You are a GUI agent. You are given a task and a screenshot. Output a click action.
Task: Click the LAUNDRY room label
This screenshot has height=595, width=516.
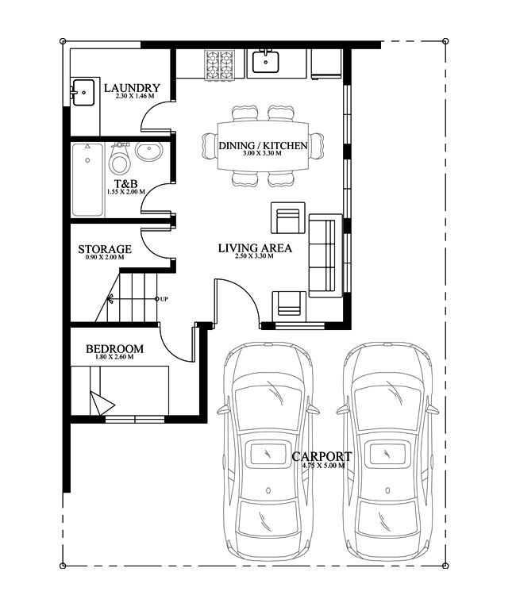click(132, 88)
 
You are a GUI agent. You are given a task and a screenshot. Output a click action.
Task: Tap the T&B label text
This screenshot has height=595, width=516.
click(125, 183)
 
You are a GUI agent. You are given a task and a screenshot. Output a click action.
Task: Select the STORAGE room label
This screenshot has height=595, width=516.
click(105, 249)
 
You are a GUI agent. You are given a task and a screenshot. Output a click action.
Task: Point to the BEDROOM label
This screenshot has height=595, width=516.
click(114, 348)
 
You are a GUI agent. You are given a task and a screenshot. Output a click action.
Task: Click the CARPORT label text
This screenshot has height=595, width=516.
click(322, 456)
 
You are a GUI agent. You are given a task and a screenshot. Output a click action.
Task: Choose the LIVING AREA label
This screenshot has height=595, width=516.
click(255, 248)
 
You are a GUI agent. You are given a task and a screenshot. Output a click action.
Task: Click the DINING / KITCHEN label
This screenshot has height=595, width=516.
click(263, 146)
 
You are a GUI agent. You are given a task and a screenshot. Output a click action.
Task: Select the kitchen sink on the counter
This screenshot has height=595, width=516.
click(265, 61)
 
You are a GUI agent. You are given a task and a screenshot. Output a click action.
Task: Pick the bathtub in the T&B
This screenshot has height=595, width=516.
click(87, 179)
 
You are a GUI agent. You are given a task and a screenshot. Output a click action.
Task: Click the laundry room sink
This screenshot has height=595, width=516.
click(83, 93)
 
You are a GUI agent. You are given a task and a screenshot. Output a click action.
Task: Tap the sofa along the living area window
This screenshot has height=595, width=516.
click(322, 255)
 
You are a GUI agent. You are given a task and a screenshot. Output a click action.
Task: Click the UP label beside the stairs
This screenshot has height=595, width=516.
click(164, 299)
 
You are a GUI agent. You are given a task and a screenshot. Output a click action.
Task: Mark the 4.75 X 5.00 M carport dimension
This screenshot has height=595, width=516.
click(322, 466)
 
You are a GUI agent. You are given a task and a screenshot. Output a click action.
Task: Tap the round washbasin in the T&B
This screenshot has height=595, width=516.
click(148, 152)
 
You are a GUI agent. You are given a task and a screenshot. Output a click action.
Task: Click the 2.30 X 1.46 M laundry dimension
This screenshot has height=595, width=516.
click(133, 96)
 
